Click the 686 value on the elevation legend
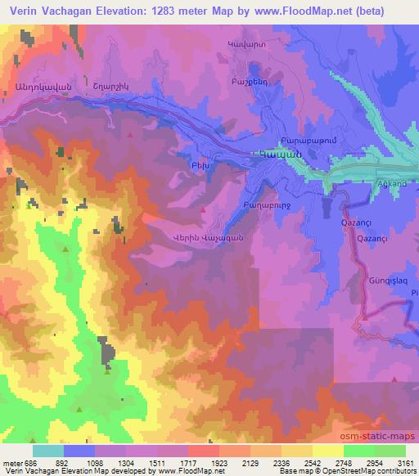pos(31,462)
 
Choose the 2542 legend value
pos(295,462)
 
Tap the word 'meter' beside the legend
pos(11,462)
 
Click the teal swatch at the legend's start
pos(47,451)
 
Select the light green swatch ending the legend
pos(389,451)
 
